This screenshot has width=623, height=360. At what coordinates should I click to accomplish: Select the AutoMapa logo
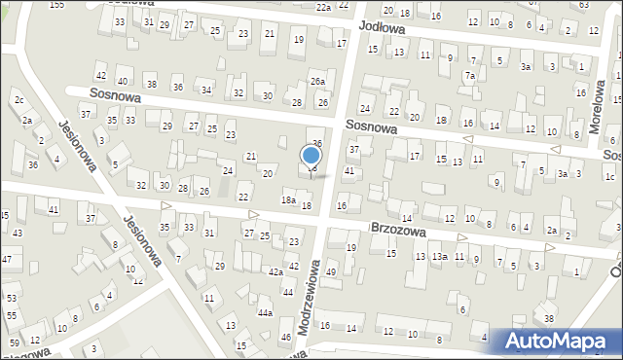[555, 341]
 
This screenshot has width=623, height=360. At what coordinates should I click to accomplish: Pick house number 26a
[317, 82]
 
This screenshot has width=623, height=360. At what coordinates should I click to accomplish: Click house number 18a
[288, 200]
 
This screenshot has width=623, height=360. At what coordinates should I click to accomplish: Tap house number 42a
[276, 271]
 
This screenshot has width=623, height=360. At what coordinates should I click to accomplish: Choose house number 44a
[265, 313]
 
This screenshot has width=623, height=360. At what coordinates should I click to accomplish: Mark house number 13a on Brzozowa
[440, 256]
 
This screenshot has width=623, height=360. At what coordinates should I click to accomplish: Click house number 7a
[469, 75]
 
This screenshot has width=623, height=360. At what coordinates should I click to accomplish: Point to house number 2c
[18, 101]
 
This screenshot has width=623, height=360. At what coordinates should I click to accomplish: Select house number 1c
[609, 176]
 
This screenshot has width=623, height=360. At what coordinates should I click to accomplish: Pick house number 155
[57, 5]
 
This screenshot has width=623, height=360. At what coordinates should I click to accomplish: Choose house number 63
[583, 5]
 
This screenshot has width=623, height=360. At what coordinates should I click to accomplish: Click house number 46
[285, 337]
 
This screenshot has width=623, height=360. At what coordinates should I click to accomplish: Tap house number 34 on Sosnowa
[206, 90]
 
